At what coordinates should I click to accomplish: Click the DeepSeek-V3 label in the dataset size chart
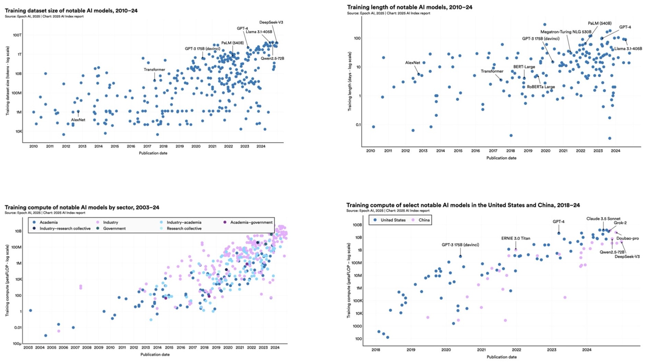coord(271,22)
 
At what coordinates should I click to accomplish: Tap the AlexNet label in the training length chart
coord(412,63)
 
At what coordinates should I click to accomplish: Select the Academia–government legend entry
coord(251,222)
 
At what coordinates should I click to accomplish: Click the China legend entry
coord(424,220)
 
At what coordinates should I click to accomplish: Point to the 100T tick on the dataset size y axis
coord(17,35)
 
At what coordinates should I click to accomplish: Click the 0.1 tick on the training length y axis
coord(357,125)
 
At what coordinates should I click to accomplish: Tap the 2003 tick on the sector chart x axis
coord(28,348)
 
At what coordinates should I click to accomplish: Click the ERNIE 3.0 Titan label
coord(515,238)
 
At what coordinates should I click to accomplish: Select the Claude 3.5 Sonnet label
coord(603,219)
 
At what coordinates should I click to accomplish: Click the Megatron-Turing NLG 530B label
coord(566,32)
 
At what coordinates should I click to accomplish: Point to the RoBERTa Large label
coord(541,87)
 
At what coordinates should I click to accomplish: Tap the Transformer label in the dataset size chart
coord(154,70)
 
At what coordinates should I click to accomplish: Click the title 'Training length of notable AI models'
coord(409,7)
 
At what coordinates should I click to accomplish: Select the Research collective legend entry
coord(184,228)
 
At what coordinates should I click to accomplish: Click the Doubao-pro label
coord(627,238)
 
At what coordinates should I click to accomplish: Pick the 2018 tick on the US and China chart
coord(376,350)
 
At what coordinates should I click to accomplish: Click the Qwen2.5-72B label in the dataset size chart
coord(272,58)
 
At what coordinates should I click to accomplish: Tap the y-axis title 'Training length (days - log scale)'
coord(350,81)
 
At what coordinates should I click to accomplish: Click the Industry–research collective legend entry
coord(65,228)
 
